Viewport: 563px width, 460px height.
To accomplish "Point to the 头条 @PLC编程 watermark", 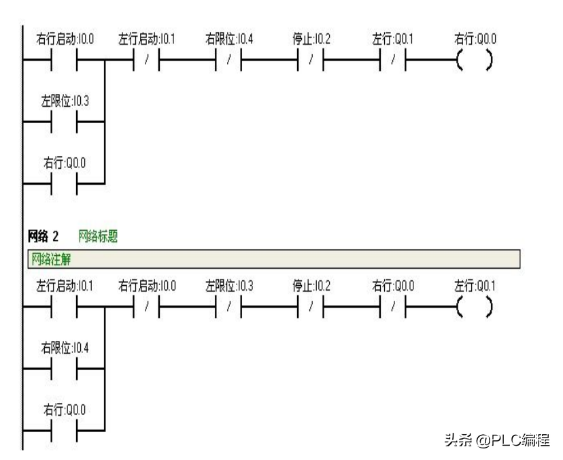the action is point(496,440).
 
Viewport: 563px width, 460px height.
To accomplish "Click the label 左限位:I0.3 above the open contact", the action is point(65,102).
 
